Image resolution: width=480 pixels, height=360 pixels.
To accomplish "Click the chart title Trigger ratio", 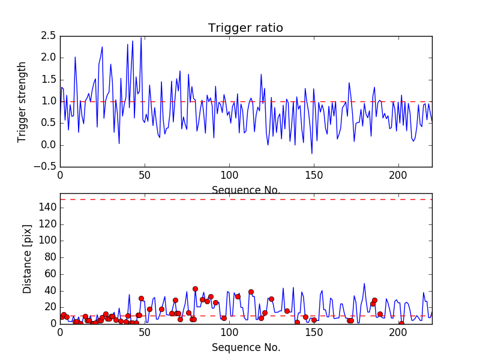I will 245,28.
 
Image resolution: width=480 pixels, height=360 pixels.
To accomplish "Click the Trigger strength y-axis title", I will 22,101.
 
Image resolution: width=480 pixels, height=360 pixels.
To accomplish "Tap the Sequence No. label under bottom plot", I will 245,347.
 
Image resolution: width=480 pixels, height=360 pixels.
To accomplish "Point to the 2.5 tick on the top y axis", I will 49,36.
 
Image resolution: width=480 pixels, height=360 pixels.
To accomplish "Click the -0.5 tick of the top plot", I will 46,167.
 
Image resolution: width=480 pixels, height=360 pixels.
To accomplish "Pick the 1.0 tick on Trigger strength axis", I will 49,101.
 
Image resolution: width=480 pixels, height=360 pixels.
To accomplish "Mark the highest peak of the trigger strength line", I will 141,38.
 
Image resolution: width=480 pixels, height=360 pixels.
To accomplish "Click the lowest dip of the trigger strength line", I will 312,154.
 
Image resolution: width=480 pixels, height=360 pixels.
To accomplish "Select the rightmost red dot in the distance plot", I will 401,323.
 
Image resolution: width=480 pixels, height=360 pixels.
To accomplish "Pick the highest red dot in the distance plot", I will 195,289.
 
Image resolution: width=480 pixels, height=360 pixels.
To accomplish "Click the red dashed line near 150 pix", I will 245,199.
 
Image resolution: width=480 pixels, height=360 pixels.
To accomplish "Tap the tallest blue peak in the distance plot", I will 364,283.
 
